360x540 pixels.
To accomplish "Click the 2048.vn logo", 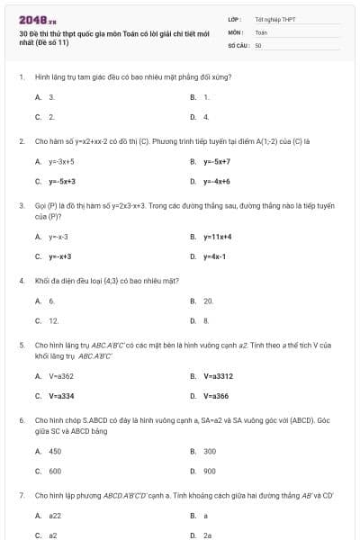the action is pos(37,18).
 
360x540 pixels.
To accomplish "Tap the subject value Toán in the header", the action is pos(261,31).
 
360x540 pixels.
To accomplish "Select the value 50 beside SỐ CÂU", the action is pos(258,44).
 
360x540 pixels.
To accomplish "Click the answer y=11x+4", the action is pos(218,237).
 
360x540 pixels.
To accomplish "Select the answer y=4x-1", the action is pos(213,256).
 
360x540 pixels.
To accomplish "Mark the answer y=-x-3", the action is pos(58,237).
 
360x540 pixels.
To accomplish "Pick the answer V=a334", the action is pos(61,395).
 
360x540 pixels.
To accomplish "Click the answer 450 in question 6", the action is pos(55,451).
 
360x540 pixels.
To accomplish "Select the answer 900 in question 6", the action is pos(210,470).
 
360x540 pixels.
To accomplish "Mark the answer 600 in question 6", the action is pos(55,470).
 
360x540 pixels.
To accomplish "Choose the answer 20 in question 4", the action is pos(208,301).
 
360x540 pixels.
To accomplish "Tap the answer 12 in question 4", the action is pos(53,319).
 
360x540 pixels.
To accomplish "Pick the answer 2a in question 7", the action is pos(207,534).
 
